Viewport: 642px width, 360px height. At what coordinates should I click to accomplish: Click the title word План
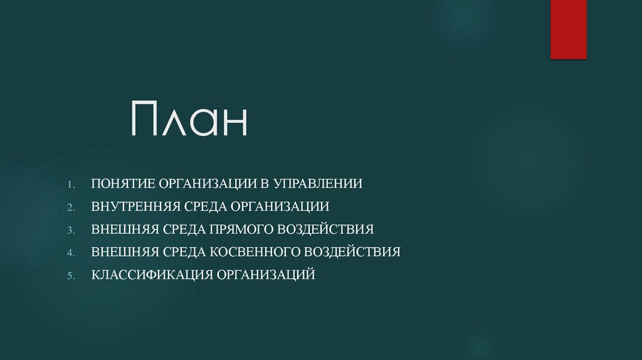189,120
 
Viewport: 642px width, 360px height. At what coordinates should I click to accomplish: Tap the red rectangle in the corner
568,29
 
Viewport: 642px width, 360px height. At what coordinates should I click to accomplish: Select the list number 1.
71,184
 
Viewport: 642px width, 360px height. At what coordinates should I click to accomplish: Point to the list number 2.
71,207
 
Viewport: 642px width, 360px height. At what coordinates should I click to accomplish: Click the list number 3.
71,230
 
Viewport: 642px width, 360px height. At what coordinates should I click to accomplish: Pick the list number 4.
71,252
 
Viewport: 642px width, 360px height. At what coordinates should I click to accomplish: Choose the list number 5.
71,275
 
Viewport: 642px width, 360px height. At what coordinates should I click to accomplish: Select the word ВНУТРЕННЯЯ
136,206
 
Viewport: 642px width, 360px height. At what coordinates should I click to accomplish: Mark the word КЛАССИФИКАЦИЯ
152,274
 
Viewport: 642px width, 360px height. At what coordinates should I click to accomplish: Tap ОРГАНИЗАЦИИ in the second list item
280,206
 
